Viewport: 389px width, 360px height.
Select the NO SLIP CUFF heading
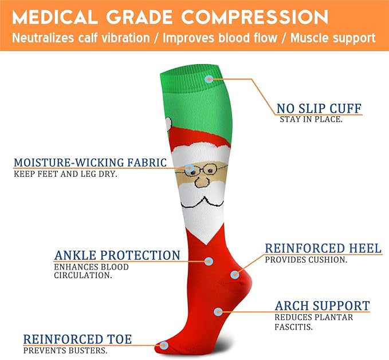click(x=319, y=109)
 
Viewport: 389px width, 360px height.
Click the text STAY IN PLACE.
click(x=311, y=120)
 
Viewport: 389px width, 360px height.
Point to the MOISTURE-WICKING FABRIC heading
click(x=91, y=163)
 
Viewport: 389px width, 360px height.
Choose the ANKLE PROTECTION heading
click(x=117, y=255)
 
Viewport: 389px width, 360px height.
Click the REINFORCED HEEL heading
click(x=323, y=248)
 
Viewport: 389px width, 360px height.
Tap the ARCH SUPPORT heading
click(x=322, y=306)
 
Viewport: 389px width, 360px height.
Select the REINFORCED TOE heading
click(x=77, y=339)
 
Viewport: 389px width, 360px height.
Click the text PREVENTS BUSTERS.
click(x=65, y=350)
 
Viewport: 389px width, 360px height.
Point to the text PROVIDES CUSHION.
click(x=306, y=260)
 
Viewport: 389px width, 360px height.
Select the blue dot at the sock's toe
click(x=164, y=345)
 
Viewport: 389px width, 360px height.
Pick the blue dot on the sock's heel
click(x=234, y=275)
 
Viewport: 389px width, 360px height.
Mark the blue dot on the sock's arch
click(x=218, y=312)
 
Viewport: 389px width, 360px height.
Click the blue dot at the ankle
click(x=209, y=261)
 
